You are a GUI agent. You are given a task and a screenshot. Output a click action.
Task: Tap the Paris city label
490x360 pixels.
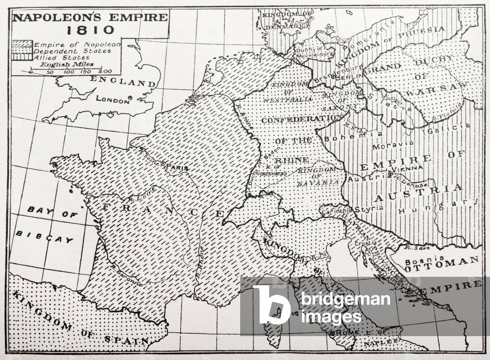176,168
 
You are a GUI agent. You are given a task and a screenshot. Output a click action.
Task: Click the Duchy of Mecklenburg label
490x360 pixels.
314,51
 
